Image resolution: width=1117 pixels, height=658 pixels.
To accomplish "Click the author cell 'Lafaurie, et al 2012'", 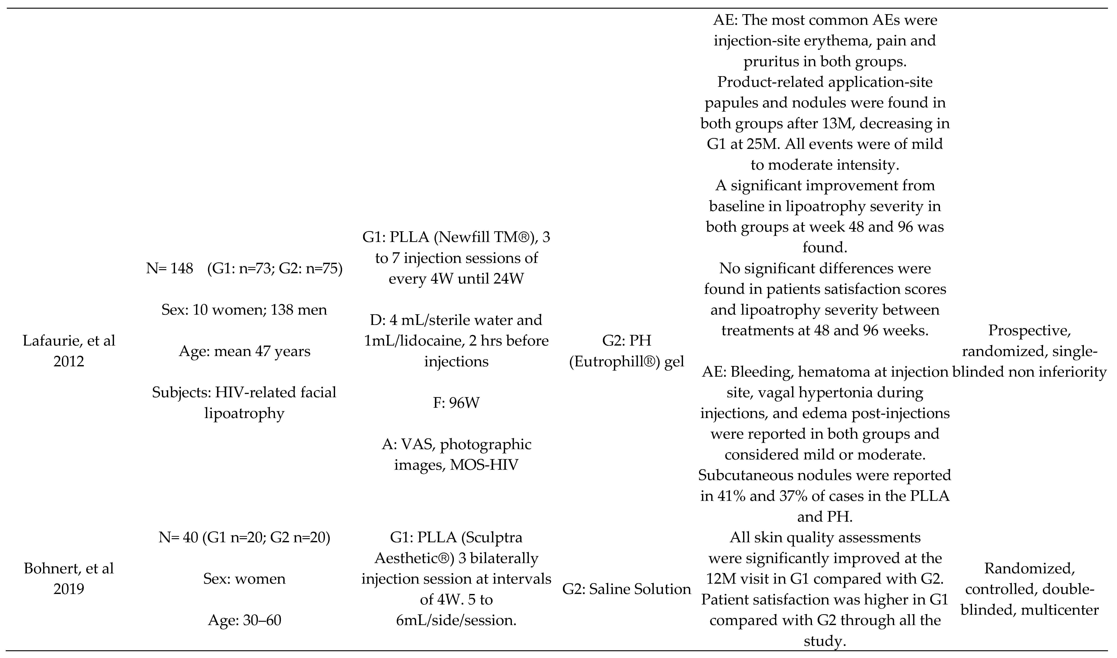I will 69,351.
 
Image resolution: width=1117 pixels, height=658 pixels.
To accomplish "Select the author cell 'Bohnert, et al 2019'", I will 69,579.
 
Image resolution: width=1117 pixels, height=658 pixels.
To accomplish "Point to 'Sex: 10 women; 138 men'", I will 244,309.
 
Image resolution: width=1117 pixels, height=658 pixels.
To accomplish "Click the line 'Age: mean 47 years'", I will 244,351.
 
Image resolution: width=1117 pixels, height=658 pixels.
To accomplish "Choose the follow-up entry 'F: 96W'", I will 456,403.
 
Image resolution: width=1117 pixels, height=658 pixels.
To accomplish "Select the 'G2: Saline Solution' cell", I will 627,589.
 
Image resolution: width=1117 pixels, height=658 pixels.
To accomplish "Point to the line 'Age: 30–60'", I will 244,620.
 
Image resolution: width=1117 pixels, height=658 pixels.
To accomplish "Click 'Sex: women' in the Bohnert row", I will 244,579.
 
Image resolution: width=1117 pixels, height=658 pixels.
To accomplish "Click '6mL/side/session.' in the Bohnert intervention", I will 456,620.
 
